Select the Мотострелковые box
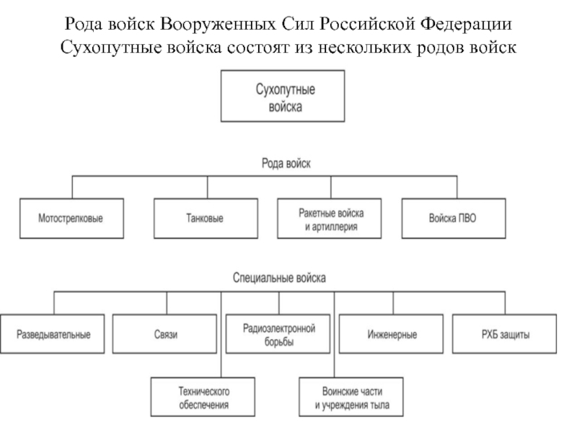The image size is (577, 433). tap(70, 217)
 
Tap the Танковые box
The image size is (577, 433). tap(206, 217)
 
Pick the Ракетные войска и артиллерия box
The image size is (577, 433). tap(330, 217)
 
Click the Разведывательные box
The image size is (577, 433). tap(55, 335)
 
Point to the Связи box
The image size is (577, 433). tap(165, 335)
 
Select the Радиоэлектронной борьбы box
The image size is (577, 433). tap(279, 335)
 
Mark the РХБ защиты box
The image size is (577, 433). tap(505, 335)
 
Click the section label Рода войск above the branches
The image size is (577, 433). tap(286, 164)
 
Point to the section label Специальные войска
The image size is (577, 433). tap(280, 277)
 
